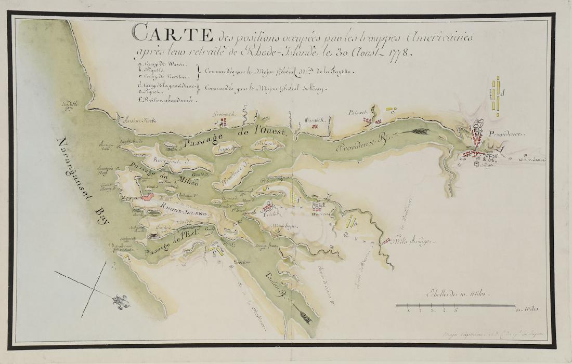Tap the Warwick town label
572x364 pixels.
315,120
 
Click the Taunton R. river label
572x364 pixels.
274,284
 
